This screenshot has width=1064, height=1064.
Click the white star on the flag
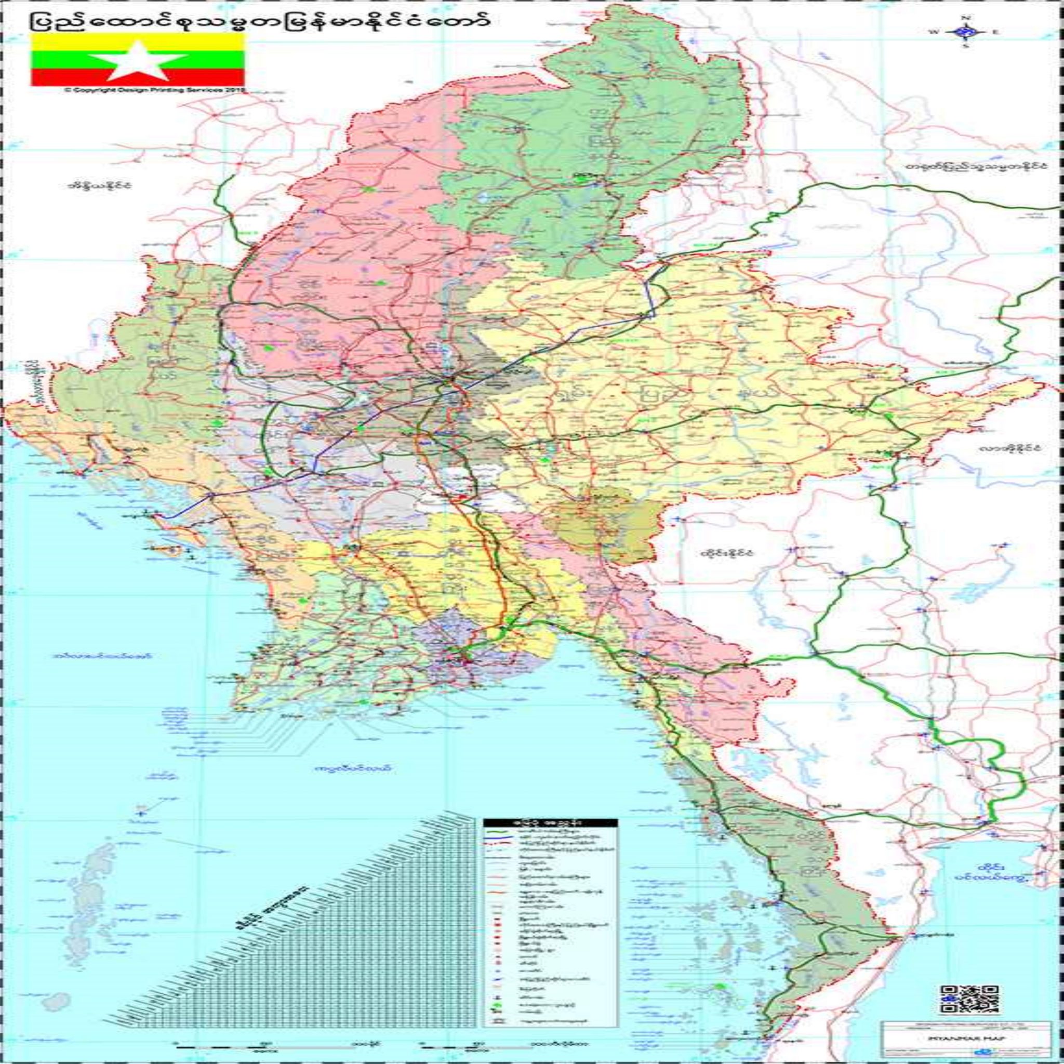[x=138, y=61]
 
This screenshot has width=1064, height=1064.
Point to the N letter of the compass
[x=965, y=18]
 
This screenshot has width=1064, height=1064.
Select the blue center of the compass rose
[x=965, y=32]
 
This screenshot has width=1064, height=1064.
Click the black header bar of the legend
[x=550, y=837]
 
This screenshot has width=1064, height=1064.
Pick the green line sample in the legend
[x=499, y=846]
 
